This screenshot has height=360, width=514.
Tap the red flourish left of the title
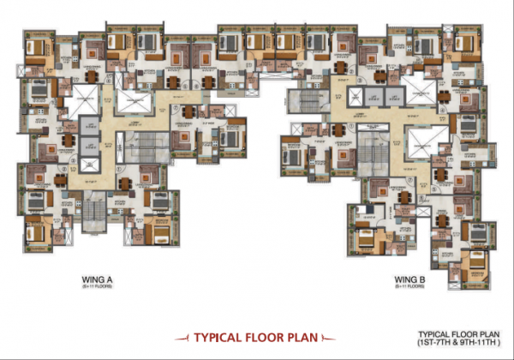(177, 338)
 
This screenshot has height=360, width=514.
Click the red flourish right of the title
(332, 338)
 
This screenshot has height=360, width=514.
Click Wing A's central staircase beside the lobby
(138, 148)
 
